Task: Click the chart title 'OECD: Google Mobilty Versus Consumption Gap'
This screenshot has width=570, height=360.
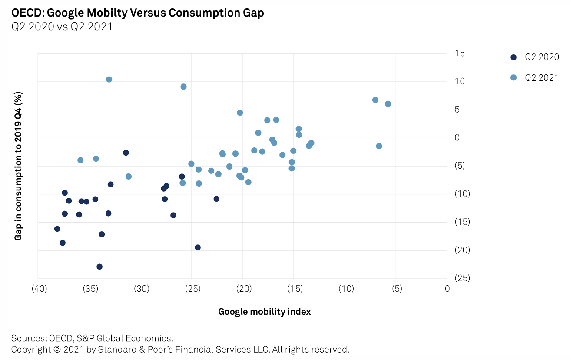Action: coord(137,13)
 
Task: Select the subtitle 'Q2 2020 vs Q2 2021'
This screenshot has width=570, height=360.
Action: coord(62,27)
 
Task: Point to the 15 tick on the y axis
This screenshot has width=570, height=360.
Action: coord(460,53)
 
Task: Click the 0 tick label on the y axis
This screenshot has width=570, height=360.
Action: coord(457,138)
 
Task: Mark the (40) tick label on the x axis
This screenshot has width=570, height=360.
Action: coord(39,289)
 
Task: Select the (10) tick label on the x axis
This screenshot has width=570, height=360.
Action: coord(345,289)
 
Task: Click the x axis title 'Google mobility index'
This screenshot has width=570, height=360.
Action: coord(264,312)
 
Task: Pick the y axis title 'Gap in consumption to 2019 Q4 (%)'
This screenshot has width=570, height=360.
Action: coord(18,166)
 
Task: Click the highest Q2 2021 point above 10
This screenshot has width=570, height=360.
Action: coord(109,80)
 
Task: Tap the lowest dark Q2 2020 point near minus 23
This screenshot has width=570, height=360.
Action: coord(99,267)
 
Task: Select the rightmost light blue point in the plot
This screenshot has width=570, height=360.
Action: coord(388,104)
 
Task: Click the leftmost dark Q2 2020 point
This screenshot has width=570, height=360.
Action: coord(57,229)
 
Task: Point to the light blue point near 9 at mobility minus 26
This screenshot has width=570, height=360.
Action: coord(183,87)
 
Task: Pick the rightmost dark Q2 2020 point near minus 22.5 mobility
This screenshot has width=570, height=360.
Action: coord(216,199)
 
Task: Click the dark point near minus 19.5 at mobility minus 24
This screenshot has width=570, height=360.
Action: coord(198,247)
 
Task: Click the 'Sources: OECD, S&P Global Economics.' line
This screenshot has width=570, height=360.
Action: coord(92,338)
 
